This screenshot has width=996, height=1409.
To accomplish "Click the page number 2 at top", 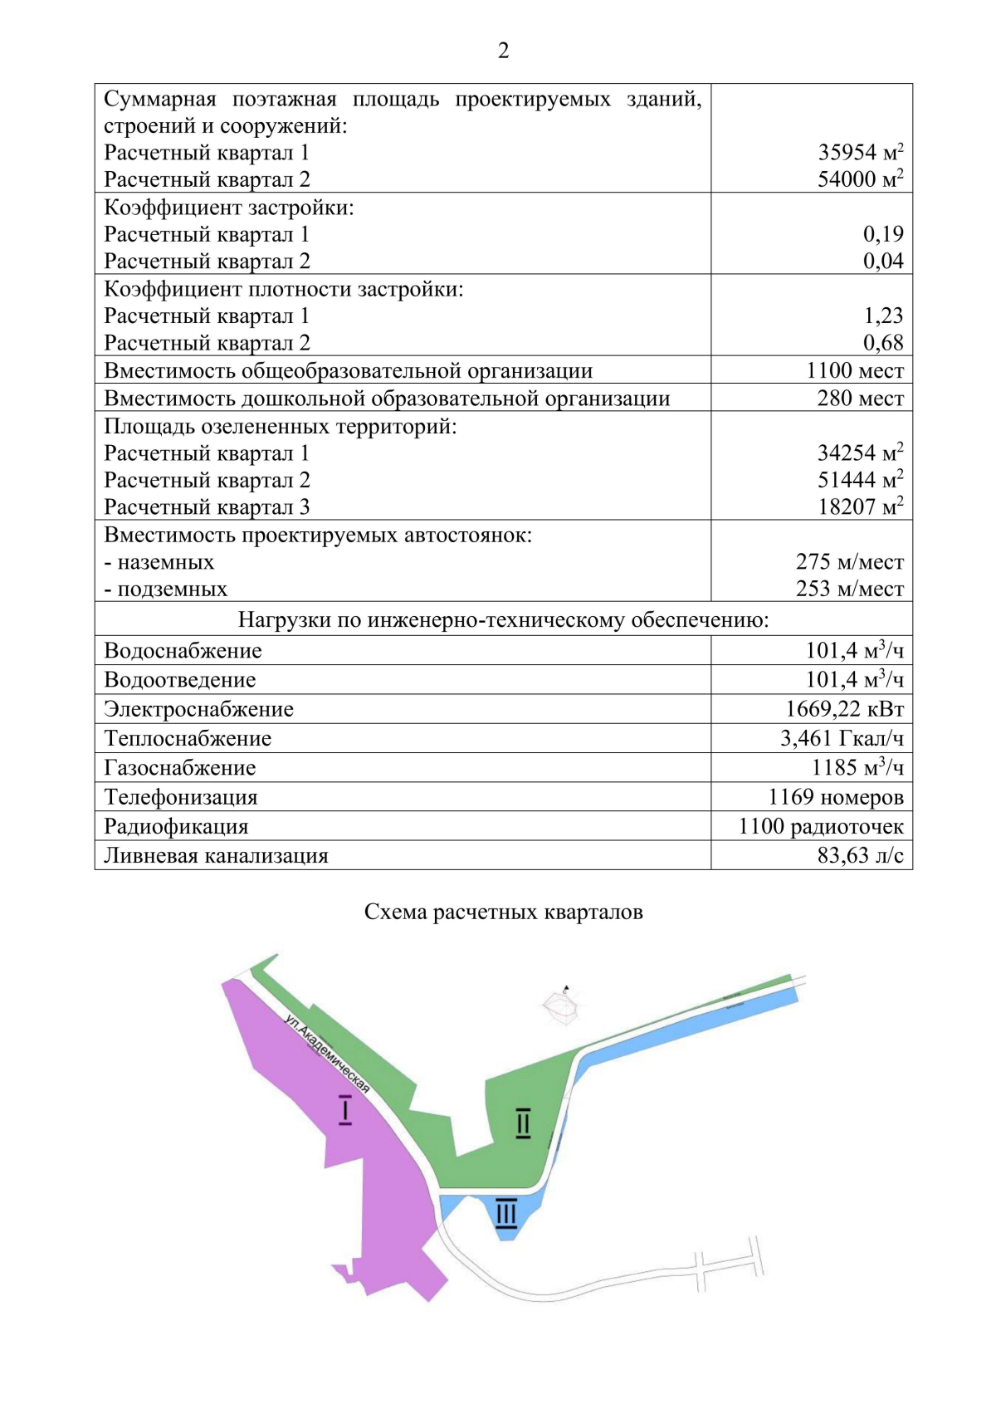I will coord(503,51).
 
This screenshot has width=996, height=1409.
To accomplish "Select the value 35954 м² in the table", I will coord(860,152).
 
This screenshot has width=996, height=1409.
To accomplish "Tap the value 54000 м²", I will coord(860,179).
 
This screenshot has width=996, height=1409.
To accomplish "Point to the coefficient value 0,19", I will coord(882,234).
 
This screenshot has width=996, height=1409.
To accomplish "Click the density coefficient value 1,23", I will coord(882,316).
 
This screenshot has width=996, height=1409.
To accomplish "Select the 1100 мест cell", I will coord(854,370).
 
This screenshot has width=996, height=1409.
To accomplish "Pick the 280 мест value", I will coord(860,398).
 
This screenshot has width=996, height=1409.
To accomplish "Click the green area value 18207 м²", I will coord(860,506).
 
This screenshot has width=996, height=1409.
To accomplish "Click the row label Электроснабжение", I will coord(198,709).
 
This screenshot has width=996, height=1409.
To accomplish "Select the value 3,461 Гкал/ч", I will coord(842,738).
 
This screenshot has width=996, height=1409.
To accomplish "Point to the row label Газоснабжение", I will coord(179,768).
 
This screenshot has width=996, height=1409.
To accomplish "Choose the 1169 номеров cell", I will coord(835,797).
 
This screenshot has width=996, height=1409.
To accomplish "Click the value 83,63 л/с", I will coord(860,855).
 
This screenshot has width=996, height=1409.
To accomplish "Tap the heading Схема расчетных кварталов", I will coord(503,912).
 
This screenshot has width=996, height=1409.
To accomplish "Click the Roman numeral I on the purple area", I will coord(345,1110).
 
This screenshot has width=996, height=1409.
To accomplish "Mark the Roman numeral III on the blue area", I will coord(505,1213).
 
